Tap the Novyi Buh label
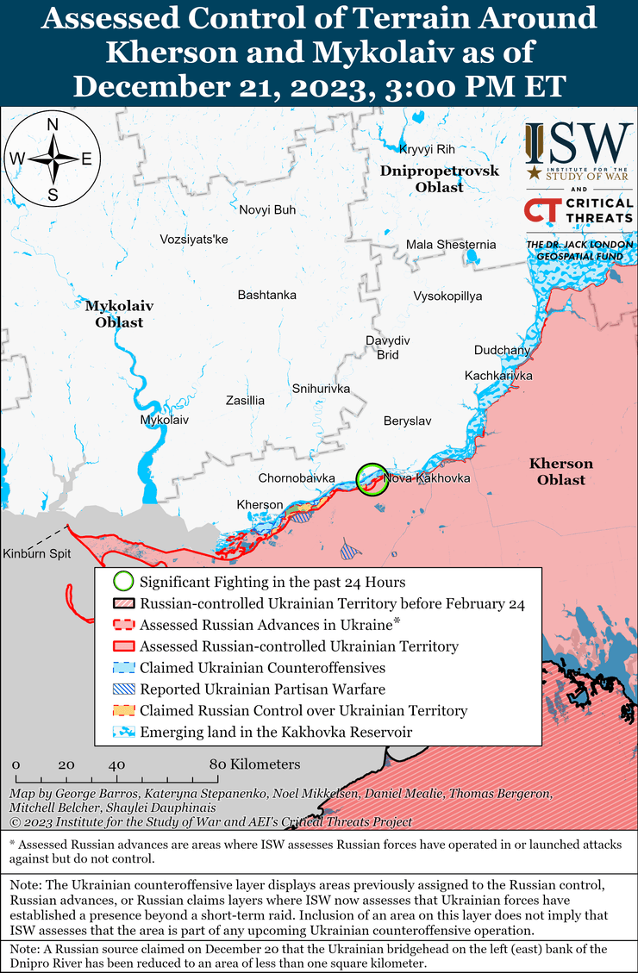[x=267, y=209]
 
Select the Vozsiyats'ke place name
[x=194, y=239]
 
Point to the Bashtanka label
[x=266, y=295]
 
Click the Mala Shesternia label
[x=451, y=245]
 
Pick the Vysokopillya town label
[x=447, y=296]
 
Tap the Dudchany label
[x=502, y=350]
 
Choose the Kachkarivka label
[x=498, y=376]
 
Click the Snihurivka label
[x=321, y=389]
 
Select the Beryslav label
[x=407, y=421]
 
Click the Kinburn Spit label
[x=36, y=553]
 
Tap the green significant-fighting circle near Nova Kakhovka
[x=372, y=478]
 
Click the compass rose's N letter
[x=53, y=124]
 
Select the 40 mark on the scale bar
[x=117, y=764]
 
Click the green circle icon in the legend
[x=124, y=583]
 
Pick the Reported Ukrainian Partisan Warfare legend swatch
[x=124, y=689]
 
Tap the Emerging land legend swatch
[x=124, y=732]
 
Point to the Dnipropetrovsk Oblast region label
[x=440, y=178]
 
